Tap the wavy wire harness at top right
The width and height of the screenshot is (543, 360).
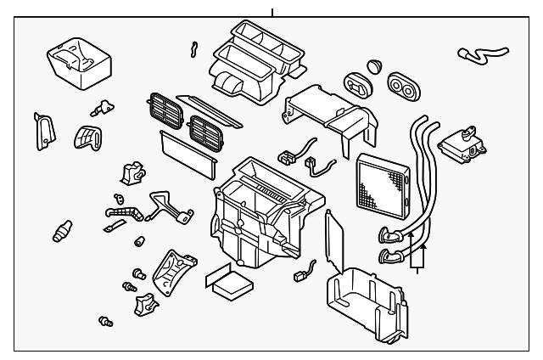[x=479, y=56]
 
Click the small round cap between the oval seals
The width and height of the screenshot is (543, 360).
[x=375, y=68]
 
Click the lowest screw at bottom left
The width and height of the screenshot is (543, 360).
[x=107, y=321]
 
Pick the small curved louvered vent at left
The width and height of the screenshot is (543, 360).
[x=85, y=138]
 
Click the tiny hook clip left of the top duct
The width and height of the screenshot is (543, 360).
[x=193, y=50]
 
